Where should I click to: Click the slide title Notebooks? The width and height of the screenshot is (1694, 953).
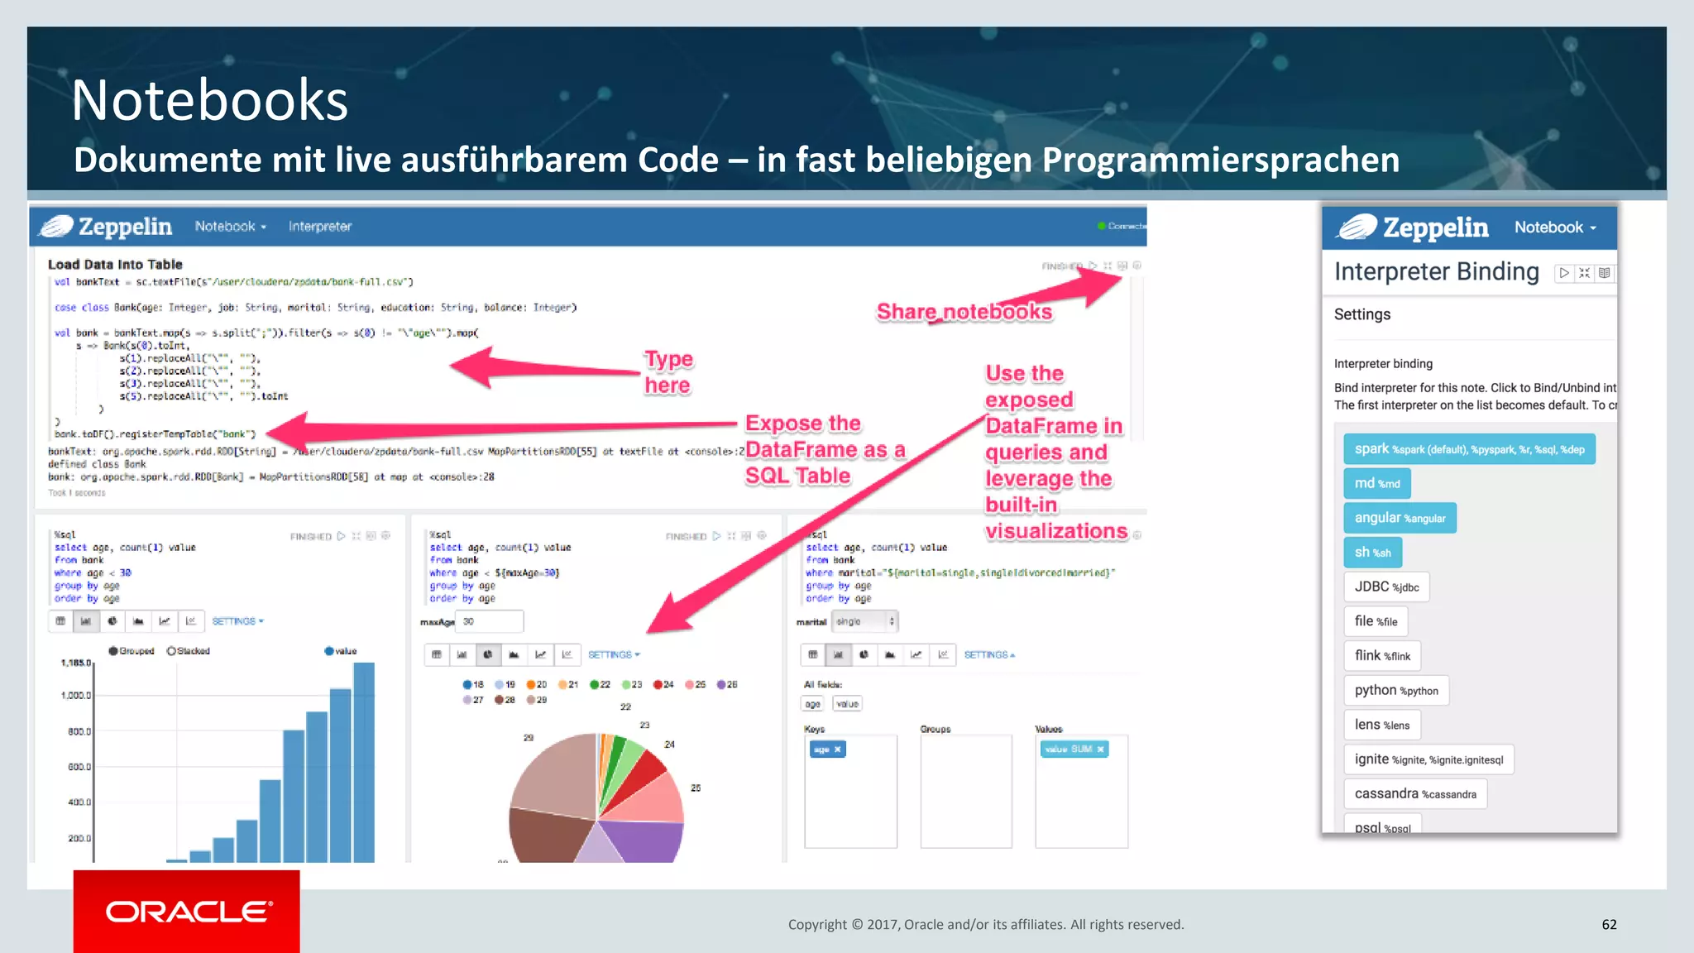[x=209, y=100]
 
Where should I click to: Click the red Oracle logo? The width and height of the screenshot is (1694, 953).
[x=187, y=911]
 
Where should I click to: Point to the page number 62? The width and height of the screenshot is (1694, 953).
[x=1609, y=924]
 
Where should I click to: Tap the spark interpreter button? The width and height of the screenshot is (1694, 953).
[x=1469, y=449]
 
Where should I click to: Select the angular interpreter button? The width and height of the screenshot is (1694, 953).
[x=1400, y=518]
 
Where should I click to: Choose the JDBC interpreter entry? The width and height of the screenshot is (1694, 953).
[x=1386, y=587]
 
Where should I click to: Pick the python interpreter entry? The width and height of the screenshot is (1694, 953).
[x=1396, y=690]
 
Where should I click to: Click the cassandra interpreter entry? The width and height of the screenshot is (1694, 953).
[x=1415, y=793]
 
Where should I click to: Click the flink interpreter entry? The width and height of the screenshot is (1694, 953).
[x=1382, y=656]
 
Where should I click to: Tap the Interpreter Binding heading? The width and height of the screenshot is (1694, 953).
[x=1436, y=272]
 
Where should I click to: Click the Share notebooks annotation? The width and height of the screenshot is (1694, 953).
[x=964, y=312]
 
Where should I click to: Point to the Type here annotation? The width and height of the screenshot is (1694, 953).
[x=668, y=372]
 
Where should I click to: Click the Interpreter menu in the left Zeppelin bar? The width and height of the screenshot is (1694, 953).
[x=320, y=227]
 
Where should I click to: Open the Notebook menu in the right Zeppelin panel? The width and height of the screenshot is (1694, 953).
[x=1555, y=227]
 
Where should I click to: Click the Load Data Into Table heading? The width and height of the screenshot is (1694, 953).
[x=115, y=265]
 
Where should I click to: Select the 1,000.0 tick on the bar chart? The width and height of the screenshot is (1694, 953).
[x=76, y=696]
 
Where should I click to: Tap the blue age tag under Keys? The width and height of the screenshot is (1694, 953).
[x=827, y=749]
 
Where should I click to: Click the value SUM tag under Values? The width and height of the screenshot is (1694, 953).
[x=1074, y=749]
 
